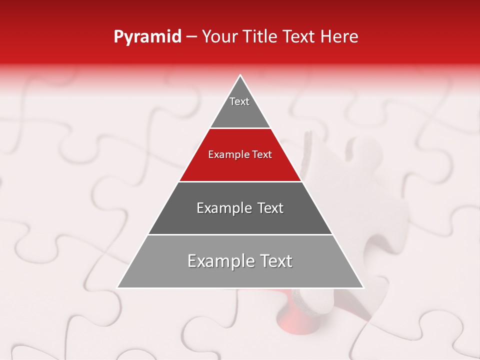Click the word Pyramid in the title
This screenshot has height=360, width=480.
pyautogui.click(x=147, y=37)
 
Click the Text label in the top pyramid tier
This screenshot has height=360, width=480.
pyautogui.click(x=239, y=101)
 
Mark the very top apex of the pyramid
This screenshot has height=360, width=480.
pyautogui.click(x=240, y=76)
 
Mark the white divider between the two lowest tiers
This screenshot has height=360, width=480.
pyautogui.click(x=240, y=234)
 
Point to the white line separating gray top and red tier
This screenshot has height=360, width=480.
pyautogui.click(x=240, y=128)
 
